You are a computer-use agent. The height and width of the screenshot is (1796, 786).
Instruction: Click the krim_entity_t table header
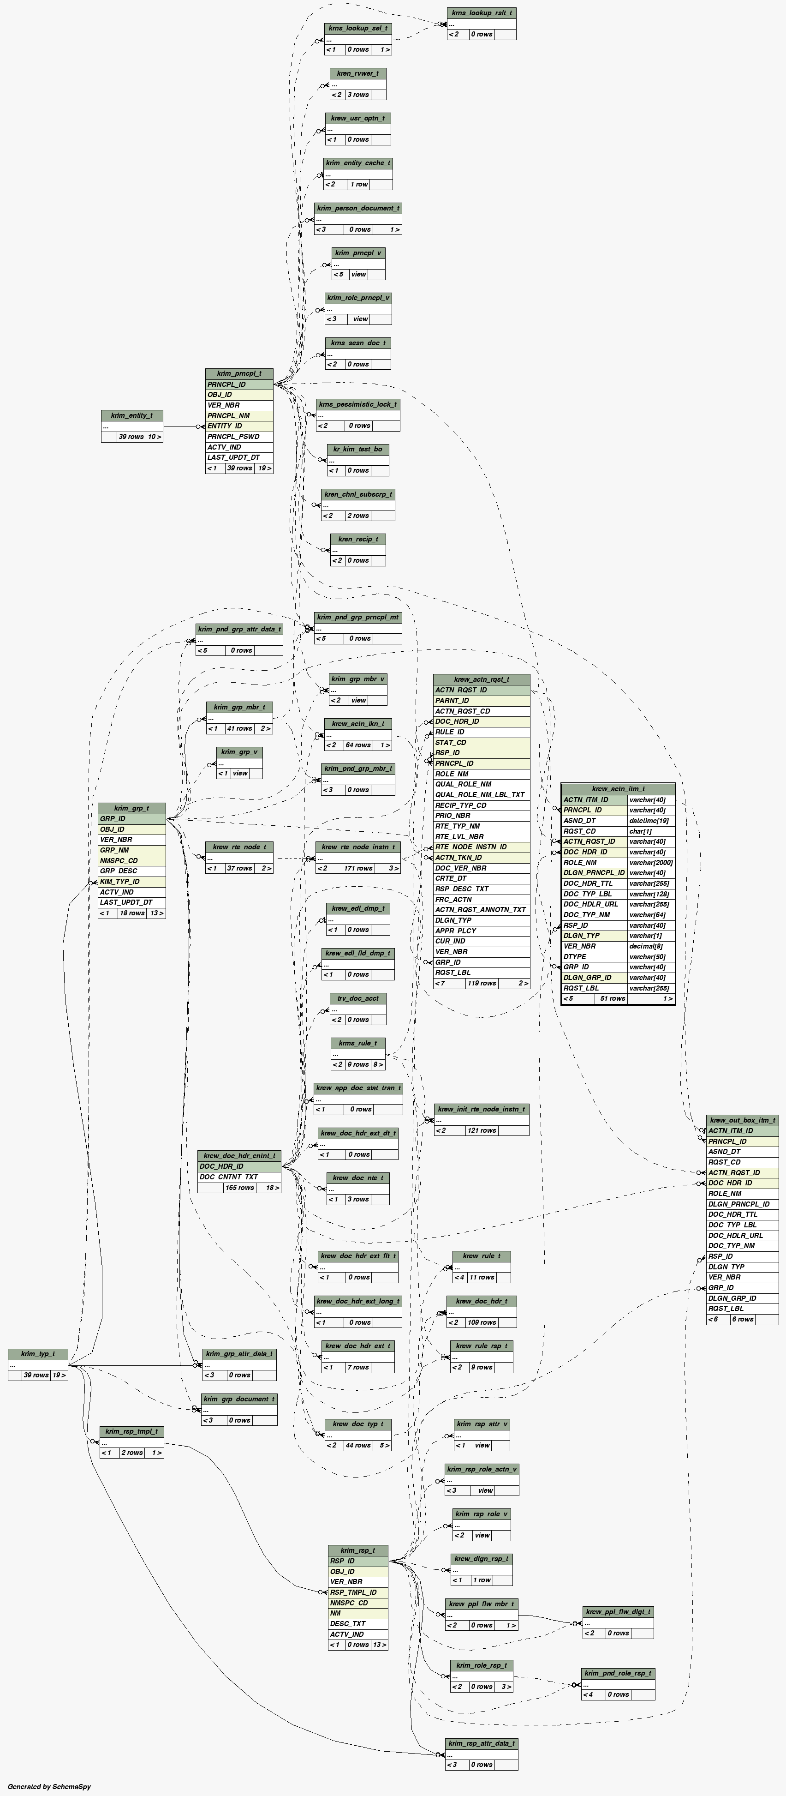(x=132, y=415)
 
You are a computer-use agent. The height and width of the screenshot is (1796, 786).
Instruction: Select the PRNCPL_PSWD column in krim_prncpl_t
(x=239, y=437)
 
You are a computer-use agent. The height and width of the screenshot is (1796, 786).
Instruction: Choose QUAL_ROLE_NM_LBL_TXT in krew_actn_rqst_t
(x=481, y=795)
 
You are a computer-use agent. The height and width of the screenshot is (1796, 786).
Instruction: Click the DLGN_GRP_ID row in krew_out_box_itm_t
(x=742, y=1298)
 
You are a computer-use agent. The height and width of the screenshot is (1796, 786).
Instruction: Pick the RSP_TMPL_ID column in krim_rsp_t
(x=358, y=1592)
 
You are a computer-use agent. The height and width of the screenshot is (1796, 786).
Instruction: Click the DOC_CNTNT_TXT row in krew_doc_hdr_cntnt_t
(x=239, y=1177)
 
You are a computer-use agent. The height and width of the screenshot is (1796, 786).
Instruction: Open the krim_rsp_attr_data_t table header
(x=482, y=1744)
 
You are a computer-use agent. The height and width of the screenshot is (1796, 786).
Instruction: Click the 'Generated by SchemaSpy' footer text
(x=49, y=1787)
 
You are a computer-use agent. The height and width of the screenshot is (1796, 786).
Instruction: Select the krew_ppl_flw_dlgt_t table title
(x=618, y=1612)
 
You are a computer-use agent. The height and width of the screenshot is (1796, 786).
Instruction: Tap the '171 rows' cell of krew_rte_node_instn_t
(x=358, y=868)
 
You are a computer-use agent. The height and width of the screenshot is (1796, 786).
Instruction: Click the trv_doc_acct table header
(x=358, y=998)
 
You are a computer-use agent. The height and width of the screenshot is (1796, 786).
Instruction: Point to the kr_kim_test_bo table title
(x=357, y=449)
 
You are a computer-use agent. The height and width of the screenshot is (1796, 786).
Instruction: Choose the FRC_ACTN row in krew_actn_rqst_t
(x=481, y=900)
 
